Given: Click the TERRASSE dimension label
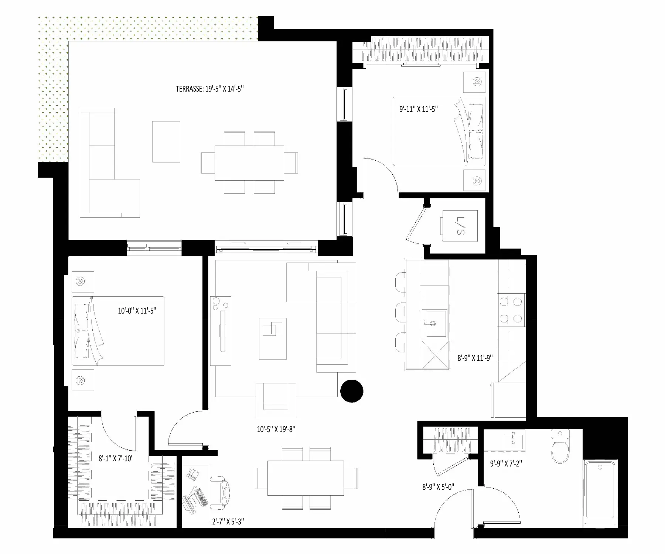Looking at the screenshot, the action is click(x=209, y=89).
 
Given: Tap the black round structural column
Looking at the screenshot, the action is click(x=352, y=391).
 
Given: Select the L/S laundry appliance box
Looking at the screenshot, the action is click(x=460, y=226).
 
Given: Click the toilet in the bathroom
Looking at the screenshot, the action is click(x=561, y=446).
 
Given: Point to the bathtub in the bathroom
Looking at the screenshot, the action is click(x=600, y=493).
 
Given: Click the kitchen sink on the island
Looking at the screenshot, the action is click(x=435, y=324).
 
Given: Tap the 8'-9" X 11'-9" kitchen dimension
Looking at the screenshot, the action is click(x=475, y=358).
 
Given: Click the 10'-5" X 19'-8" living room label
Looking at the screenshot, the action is click(x=276, y=429).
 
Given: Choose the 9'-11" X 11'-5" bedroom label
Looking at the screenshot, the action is click(x=419, y=109).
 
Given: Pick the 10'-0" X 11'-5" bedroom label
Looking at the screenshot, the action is click(x=137, y=311).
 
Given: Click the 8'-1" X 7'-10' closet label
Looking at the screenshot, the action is click(x=115, y=459).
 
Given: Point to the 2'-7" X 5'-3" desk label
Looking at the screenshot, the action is click(x=228, y=521).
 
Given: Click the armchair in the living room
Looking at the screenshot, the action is click(x=276, y=397).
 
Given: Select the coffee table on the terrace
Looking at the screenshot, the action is click(x=166, y=141).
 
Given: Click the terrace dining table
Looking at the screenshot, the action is click(x=249, y=163).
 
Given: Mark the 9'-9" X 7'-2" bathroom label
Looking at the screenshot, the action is click(x=506, y=463).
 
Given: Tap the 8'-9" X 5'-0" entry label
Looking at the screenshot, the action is click(x=438, y=487).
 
